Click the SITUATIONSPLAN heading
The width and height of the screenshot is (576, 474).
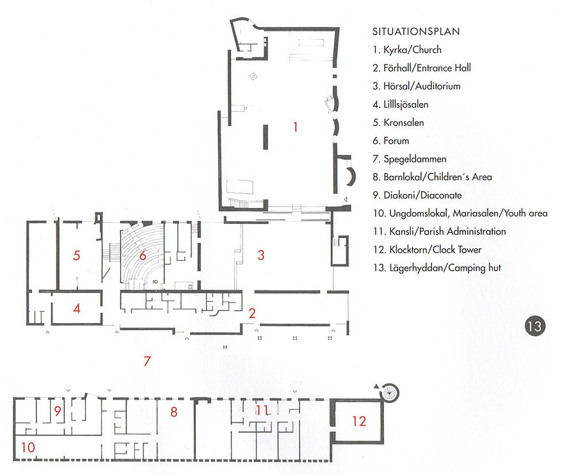coord(416,31)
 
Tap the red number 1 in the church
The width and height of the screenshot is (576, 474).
coord(295,127)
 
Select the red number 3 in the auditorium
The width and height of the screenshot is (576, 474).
coord(261,255)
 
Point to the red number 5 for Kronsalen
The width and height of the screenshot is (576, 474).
coord(76,255)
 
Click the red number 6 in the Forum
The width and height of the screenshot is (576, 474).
coord(143,255)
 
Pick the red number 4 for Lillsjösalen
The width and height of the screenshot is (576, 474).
coord(77,308)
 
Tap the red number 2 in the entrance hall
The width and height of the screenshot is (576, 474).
coord(252,313)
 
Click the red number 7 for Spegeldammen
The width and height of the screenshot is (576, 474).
coord(147,361)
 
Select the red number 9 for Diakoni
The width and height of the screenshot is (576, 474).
coord(58,411)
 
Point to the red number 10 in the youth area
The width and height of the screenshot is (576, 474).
coord(28,447)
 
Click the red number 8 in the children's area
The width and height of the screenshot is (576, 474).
coord(174,412)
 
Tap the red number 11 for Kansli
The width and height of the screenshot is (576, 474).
coord(262,410)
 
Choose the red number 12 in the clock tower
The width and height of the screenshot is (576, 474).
coord(359,421)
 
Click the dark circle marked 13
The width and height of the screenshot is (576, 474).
coord(535,326)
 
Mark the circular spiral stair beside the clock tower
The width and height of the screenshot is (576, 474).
coord(389,393)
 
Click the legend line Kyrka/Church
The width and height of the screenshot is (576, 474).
coord(407,50)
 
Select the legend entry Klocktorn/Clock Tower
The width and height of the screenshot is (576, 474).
coord(428,249)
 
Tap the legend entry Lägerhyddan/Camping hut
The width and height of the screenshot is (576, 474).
coord(436,268)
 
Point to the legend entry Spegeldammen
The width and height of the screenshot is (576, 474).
coord(410,159)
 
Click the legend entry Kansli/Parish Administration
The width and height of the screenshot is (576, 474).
coord(439,232)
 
